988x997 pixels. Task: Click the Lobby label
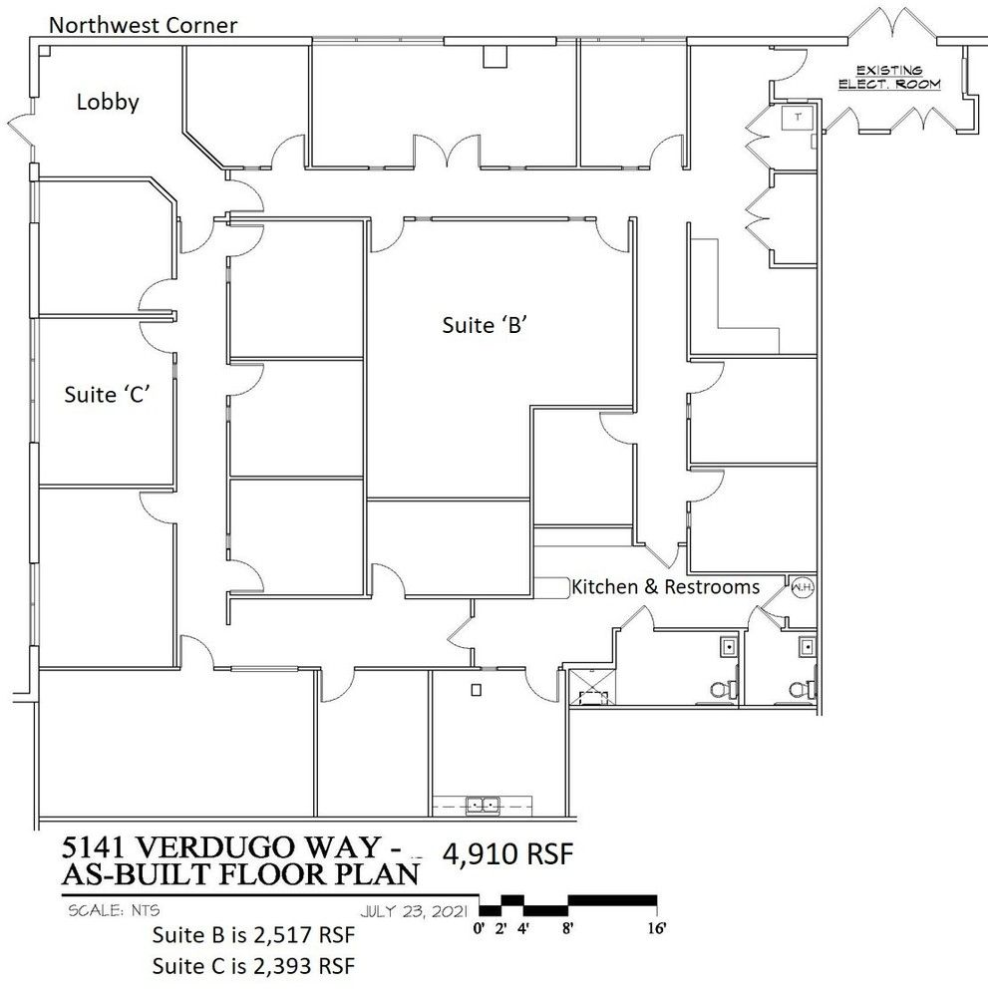coord(108,102)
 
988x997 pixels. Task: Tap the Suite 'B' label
coord(486,325)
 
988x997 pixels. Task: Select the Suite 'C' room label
coord(107,394)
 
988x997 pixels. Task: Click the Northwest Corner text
coord(143,25)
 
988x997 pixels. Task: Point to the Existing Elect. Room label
coord(889,77)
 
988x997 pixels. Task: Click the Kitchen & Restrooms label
coord(666,586)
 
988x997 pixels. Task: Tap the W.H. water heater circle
coord(803,587)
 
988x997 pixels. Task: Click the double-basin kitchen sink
coord(483,805)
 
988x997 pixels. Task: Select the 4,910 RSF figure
coord(508,853)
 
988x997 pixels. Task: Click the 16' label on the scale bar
coord(657,927)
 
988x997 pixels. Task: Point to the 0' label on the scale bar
coord(479,927)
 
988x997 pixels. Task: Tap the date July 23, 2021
coord(414,911)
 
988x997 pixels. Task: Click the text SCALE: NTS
coord(114,910)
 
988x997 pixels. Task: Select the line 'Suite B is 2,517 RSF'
coord(253,935)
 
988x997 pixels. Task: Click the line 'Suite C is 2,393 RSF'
coord(253,966)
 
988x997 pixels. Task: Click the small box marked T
coord(798,117)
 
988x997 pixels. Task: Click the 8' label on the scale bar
coord(567,927)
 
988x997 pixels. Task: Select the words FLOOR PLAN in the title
coord(319,874)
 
